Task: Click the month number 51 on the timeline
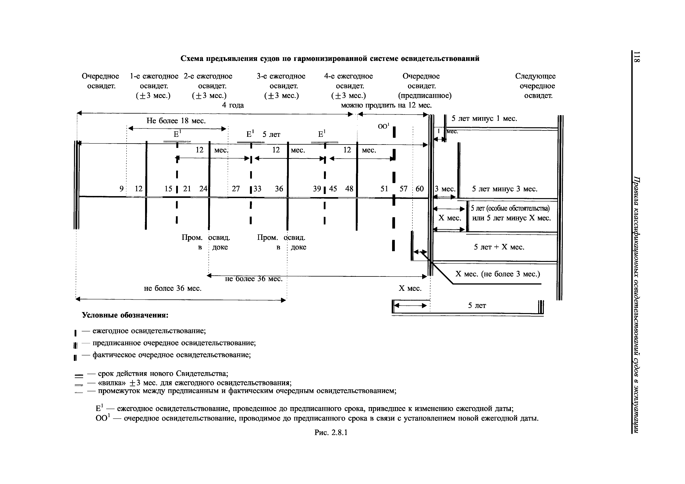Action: [384, 189]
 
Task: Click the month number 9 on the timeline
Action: [121, 189]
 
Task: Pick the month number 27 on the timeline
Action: [236, 189]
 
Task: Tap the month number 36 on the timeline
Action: [279, 189]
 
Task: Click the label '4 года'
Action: [233, 105]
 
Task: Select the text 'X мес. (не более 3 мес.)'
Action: [498, 274]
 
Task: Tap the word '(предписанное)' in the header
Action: [425, 96]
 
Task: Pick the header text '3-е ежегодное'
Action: [281, 76]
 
